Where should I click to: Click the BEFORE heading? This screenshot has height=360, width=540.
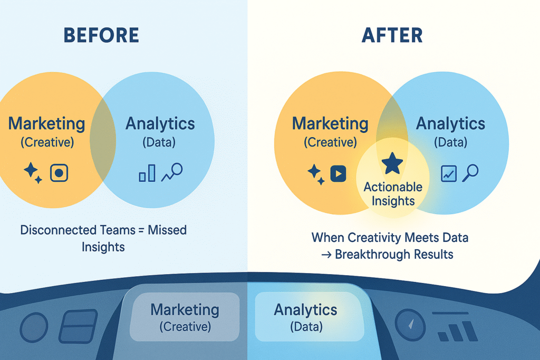(x=101, y=35)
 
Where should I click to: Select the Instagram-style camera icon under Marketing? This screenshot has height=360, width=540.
(x=59, y=173)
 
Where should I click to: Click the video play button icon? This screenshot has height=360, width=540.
(x=337, y=173)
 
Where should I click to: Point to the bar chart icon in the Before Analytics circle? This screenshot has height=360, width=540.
(x=147, y=173)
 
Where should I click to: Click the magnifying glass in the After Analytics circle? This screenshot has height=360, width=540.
(x=470, y=172)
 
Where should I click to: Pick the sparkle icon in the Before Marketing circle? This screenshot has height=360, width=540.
(x=33, y=173)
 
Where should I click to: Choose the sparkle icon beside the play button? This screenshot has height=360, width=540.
(x=316, y=173)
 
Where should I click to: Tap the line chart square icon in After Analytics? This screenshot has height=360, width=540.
(x=448, y=173)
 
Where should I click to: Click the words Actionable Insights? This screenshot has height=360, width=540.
(x=393, y=193)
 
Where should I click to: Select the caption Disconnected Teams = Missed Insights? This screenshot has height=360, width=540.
(x=103, y=238)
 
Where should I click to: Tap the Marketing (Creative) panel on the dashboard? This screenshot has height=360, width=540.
(x=185, y=317)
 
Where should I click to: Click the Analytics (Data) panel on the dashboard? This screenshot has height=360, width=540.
(x=306, y=317)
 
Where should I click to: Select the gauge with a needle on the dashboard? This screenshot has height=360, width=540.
(x=410, y=322)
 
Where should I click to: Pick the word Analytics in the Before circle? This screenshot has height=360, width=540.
(x=160, y=124)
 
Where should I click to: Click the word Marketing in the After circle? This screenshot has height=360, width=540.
(x=330, y=124)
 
